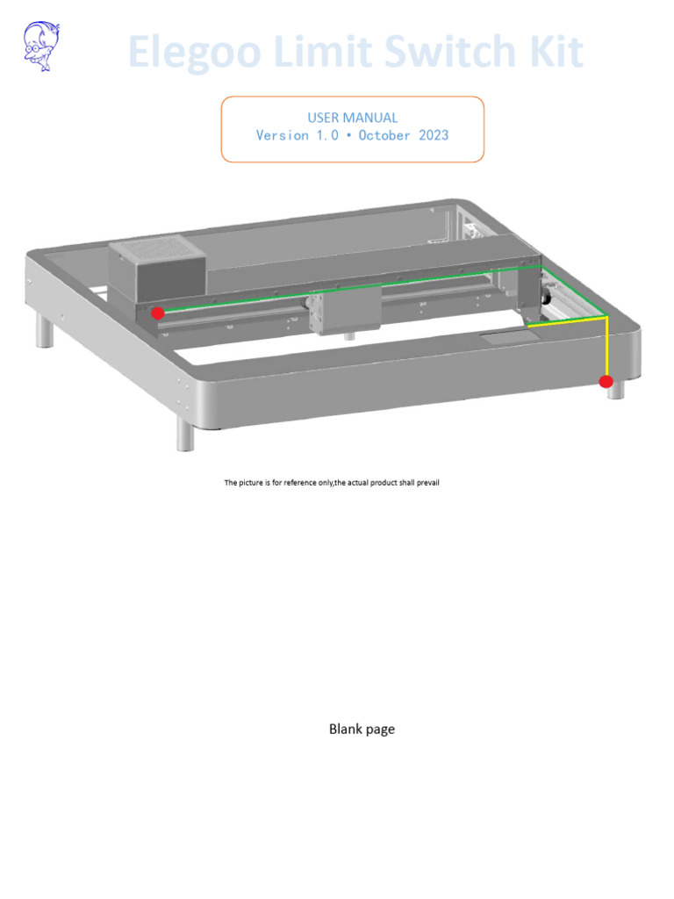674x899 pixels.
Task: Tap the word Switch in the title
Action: point(450,53)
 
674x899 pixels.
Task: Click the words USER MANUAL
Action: point(352,118)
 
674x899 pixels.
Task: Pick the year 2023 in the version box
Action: point(428,135)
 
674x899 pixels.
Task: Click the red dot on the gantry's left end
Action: point(158,313)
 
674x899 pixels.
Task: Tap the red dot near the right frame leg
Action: point(606,381)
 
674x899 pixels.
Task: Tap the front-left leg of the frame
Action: point(184,435)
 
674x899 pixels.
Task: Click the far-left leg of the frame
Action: point(43,332)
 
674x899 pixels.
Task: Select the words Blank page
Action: point(362,729)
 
